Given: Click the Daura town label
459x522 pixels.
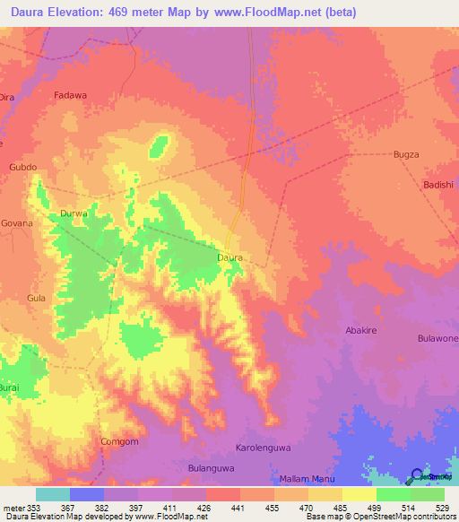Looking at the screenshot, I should coord(230,257).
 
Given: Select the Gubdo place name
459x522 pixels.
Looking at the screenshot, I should coord(22,168).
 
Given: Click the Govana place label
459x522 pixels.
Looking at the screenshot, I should coord(17,222).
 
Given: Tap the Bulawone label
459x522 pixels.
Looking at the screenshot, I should coord(437,338).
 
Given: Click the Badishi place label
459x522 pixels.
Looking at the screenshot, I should coord(439,186).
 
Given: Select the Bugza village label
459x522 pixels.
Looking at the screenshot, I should coord(406,155).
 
